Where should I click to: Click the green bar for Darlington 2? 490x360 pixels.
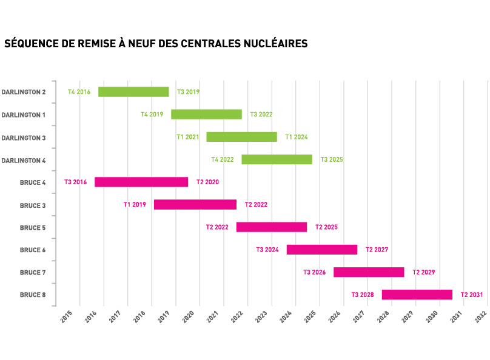[x=133, y=92]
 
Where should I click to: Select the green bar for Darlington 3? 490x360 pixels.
[x=241, y=137]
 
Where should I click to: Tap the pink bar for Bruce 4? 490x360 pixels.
[x=141, y=182]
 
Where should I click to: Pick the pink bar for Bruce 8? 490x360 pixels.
[x=417, y=295]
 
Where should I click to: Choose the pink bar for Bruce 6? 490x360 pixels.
[x=321, y=250]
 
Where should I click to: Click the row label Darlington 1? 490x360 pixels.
[x=24, y=115]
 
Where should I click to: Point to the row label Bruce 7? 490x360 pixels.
[x=33, y=272]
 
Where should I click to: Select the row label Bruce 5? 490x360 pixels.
[x=33, y=227]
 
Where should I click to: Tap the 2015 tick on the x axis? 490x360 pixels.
[x=66, y=316]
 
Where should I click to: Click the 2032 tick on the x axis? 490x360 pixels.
[x=482, y=316]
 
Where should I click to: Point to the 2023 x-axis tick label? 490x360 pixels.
[x=261, y=316]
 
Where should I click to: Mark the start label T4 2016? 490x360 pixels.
[x=79, y=92]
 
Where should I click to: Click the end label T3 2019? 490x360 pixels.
[x=188, y=92]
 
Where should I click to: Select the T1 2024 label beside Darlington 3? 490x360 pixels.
[x=297, y=137]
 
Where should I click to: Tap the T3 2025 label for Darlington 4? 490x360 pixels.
[x=332, y=159]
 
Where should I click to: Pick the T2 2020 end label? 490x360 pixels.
[x=207, y=182]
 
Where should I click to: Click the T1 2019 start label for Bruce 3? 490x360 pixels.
[x=135, y=205]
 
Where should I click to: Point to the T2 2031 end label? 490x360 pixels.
[x=472, y=295]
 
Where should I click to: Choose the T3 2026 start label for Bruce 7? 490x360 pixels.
[x=315, y=272]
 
